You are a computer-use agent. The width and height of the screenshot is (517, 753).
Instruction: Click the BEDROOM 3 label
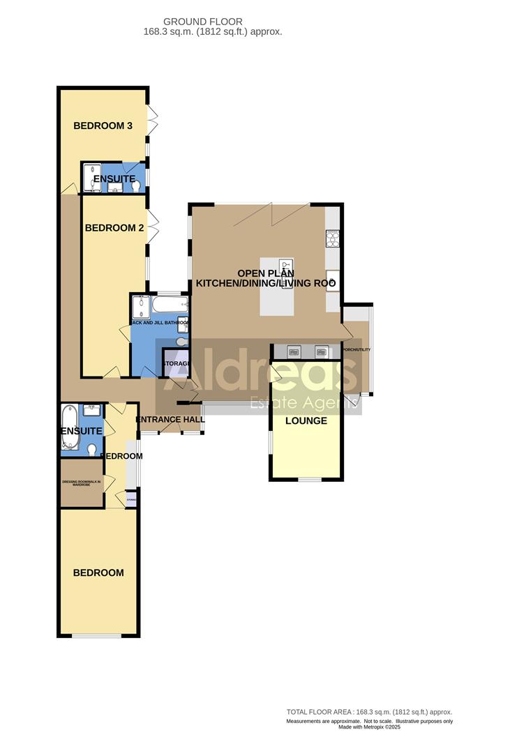click(x=103, y=126)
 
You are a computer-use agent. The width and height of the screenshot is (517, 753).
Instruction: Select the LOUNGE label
click(x=306, y=421)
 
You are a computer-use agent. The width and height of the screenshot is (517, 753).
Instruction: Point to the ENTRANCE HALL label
click(x=170, y=420)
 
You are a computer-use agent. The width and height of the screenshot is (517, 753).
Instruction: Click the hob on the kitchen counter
click(x=332, y=238)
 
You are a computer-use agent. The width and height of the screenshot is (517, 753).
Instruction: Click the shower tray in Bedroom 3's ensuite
click(x=92, y=178)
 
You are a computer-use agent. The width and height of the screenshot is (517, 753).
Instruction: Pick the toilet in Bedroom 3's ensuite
click(x=137, y=185)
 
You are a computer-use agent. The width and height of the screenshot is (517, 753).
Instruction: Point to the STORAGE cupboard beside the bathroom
click(x=176, y=363)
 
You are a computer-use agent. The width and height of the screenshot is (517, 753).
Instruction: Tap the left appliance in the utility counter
click(x=294, y=351)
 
